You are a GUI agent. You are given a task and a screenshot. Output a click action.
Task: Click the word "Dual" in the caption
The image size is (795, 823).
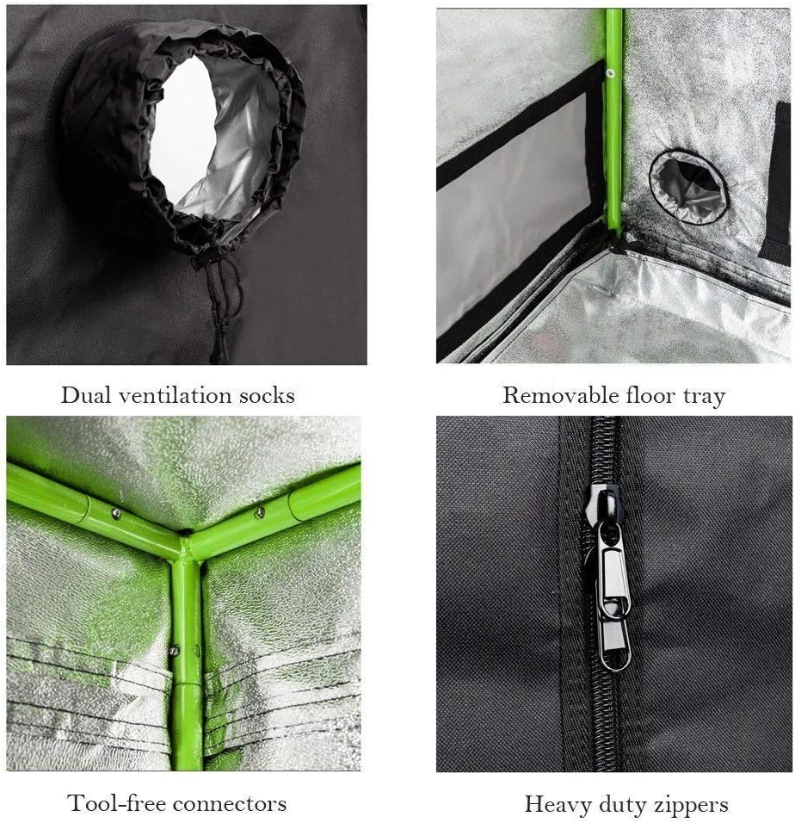[x=83, y=396]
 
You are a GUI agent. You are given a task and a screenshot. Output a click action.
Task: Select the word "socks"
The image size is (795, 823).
[x=267, y=396]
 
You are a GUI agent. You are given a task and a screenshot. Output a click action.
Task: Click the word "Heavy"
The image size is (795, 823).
[x=554, y=805]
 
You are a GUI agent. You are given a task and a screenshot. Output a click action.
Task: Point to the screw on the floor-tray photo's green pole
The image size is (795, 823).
[x=609, y=72]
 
